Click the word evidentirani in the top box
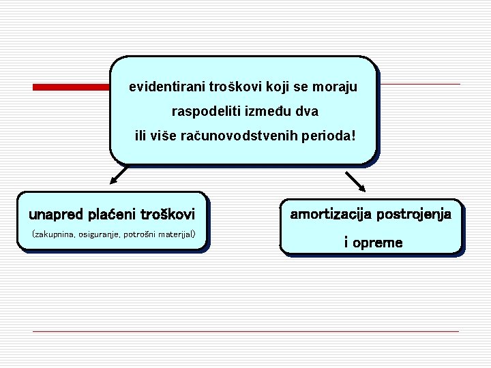click(x=163, y=87)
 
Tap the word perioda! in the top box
click(x=331, y=136)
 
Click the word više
click(x=164, y=136)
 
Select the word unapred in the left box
click(x=56, y=215)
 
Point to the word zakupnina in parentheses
click(x=54, y=235)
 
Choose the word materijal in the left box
click(x=175, y=235)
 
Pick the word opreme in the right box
click(x=378, y=243)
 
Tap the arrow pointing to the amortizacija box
click(x=356, y=182)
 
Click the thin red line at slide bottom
click(x=245, y=332)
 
